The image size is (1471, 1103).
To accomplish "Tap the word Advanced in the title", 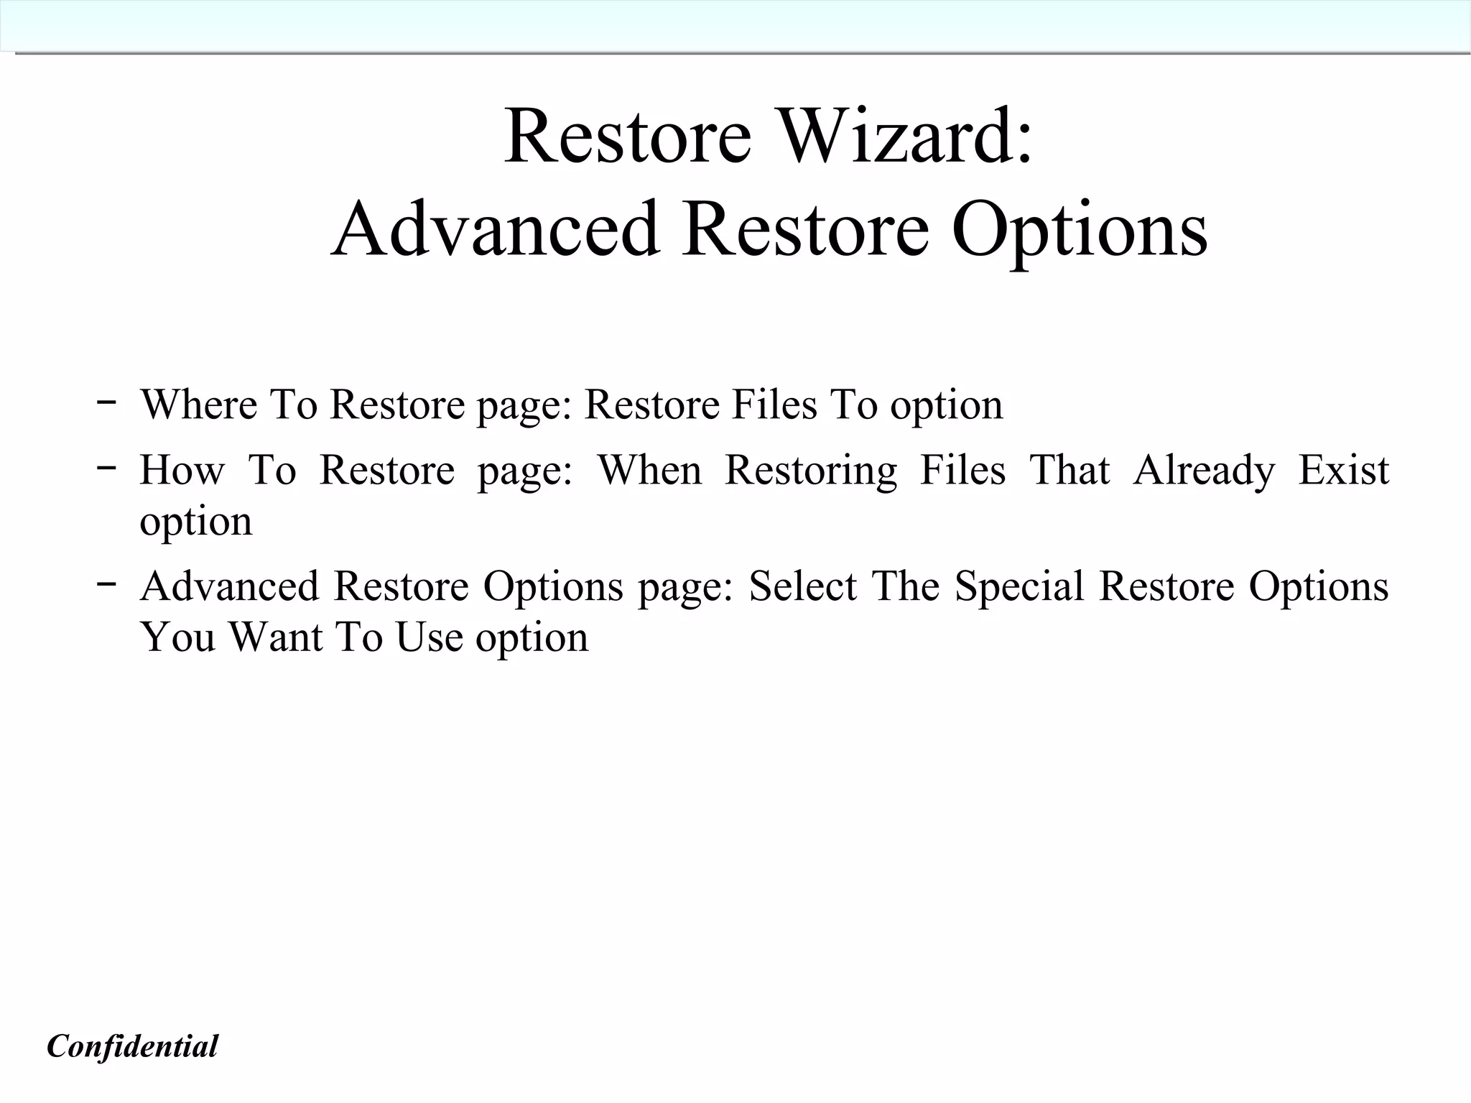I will point(495,230).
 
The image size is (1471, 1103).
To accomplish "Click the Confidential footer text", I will point(132,1046).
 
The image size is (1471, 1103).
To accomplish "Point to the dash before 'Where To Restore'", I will point(106,402).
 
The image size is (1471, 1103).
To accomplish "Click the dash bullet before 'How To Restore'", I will point(106,468).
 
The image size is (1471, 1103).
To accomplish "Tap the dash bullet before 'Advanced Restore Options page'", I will point(106,583).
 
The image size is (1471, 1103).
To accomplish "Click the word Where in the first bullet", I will point(198,404).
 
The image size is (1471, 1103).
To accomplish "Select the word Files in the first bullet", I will point(774,404).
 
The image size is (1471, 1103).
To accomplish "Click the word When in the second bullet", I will point(650,471).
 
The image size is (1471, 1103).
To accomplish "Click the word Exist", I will point(1344,471).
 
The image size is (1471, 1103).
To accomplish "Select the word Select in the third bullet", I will point(803,586).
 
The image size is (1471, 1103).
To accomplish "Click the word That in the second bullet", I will point(1069,471).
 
